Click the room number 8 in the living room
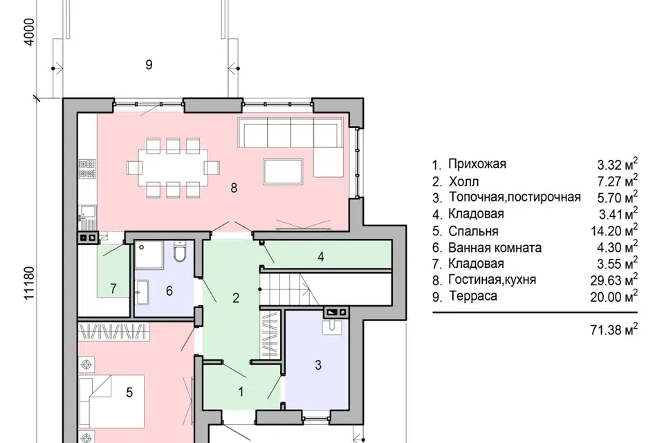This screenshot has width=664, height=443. [x=234, y=188]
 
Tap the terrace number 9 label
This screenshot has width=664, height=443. [x=148, y=65]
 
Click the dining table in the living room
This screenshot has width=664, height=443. [x=173, y=167]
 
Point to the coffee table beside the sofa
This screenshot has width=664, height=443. [x=282, y=169]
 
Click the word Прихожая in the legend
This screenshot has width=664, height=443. [x=477, y=164]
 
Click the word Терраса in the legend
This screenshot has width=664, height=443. [x=472, y=296]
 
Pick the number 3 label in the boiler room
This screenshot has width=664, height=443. [x=319, y=364]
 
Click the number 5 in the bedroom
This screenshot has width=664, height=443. [x=129, y=394]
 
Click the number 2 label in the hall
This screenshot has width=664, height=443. [x=236, y=298]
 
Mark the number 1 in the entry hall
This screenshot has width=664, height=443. [x=241, y=392]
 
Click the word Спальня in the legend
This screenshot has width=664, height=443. [x=472, y=230]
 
